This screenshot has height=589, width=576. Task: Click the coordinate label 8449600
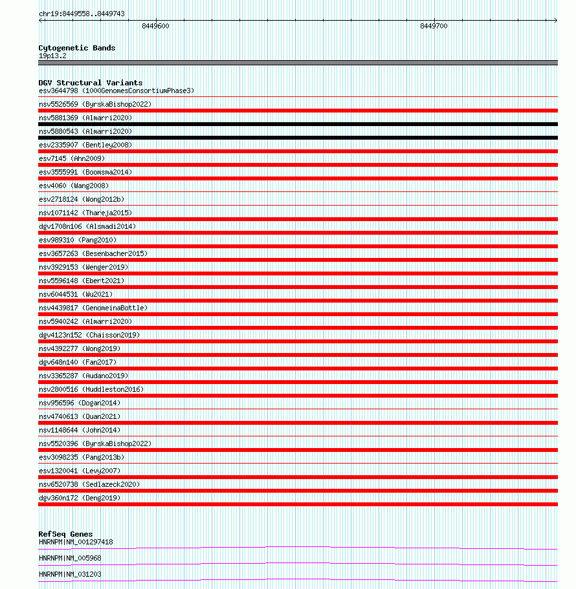155,26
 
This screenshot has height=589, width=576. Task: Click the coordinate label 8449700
434,26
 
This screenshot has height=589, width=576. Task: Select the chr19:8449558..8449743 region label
82,14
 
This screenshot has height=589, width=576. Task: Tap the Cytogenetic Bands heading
77,48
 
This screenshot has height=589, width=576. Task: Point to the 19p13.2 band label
52,56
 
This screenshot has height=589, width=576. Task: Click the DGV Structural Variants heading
91,83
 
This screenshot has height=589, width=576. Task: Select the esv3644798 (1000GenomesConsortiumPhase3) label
116,91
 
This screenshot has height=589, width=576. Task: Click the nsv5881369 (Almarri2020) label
85,118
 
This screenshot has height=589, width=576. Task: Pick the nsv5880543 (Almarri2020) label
85,131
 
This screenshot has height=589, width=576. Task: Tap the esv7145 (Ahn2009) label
72,158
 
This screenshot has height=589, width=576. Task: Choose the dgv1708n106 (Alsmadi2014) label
87,226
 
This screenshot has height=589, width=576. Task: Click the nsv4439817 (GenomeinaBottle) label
93,308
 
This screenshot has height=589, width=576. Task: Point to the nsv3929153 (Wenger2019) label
83,267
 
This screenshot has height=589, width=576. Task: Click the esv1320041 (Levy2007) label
80,471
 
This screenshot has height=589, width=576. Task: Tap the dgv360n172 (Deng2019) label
80,498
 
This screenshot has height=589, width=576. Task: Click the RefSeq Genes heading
65,534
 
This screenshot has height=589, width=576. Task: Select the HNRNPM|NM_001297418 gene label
76,542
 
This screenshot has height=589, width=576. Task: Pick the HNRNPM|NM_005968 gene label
70,558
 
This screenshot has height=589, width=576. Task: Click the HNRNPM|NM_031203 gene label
70,574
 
